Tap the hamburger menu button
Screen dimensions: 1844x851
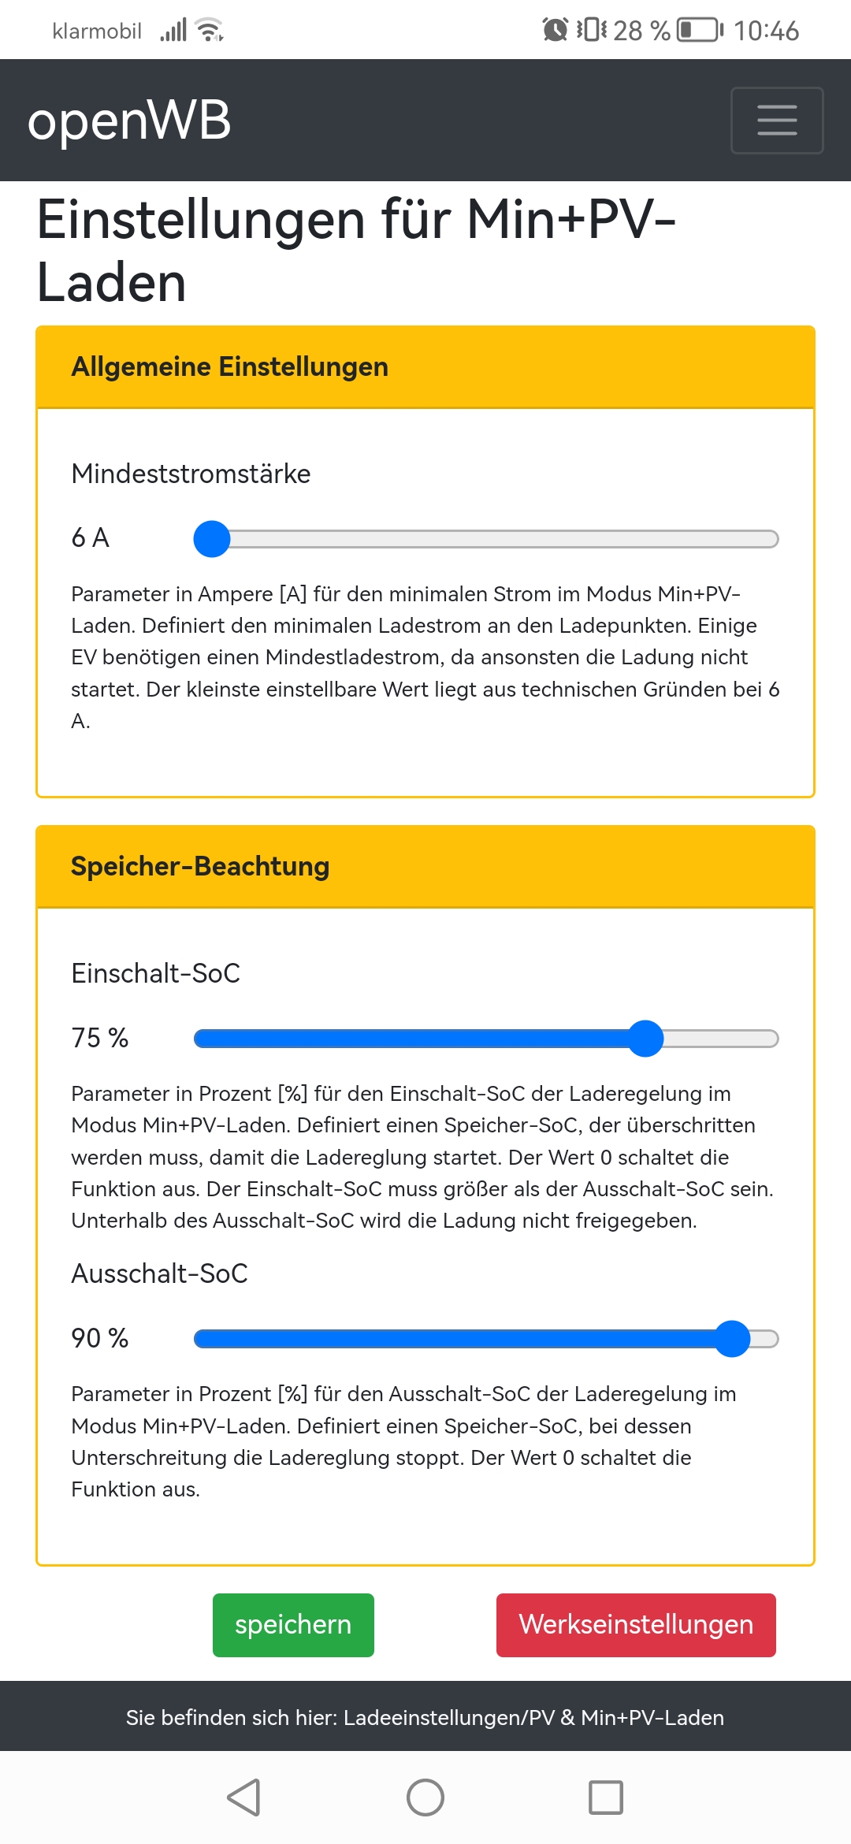[x=777, y=121]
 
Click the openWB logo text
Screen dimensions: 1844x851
[x=129, y=121]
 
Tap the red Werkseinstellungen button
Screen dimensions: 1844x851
[x=636, y=1625]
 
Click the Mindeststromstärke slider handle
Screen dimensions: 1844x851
[x=212, y=539]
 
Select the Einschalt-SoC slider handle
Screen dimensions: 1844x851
[x=646, y=1039]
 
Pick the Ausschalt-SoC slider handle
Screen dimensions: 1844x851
[x=733, y=1339]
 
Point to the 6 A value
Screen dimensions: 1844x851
[x=91, y=538]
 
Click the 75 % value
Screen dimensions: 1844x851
[x=100, y=1038]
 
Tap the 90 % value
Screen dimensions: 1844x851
[x=100, y=1338]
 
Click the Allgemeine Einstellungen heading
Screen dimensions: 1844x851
[x=229, y=367]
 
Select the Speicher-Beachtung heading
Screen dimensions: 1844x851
[x=200, y=867]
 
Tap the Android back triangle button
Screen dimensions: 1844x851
[x=244, y=1798]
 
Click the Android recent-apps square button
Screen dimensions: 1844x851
[x=606, y=1798]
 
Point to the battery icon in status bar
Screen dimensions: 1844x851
[x=700, y=31]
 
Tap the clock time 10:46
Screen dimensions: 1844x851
[x=766, y=31]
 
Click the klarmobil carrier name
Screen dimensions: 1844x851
[x=97, y=32]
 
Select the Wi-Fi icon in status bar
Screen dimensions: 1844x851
[x=210, y=30]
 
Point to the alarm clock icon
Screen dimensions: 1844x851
[x=556, y=30]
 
